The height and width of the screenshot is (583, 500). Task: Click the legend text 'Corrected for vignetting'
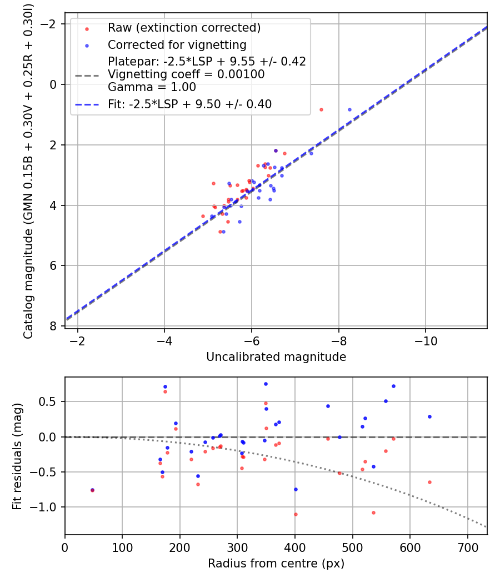pyautogui.click(x=177, y=44)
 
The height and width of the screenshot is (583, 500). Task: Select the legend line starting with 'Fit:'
pyautogui.click(x=189, y=104)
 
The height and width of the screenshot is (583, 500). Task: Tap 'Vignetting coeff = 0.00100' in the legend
pyautogui.click(x=186, y=74)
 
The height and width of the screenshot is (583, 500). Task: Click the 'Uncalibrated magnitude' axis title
pyautogui.click(x=276, y=357)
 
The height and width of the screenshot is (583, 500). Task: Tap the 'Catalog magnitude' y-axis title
pyautogui.click(x=28, y=170)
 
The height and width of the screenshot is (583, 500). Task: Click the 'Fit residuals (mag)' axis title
pyautogui.click(x=17, y=455)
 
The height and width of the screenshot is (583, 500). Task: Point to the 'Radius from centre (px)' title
pyautogui.click(x=276, y=564)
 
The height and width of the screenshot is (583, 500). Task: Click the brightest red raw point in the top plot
pyautogui.click(x=321, y=109)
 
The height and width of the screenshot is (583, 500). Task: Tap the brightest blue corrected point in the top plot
pyautogui.click(x=349, y=109)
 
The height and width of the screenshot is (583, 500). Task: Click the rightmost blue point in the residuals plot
pyautogui.click(x=429, y=416)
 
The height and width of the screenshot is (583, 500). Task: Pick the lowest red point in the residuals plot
pyautogui.click(x=296, y=514)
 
